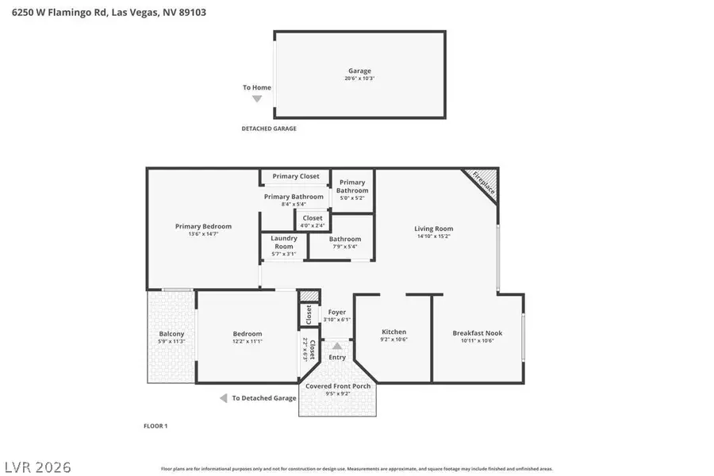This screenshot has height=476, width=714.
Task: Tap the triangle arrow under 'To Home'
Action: click(256, 99)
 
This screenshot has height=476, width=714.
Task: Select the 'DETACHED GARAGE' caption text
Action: click(269, 129)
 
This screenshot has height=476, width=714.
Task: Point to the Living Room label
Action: click(433, 228)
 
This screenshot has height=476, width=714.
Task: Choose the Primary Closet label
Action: click(295, 176)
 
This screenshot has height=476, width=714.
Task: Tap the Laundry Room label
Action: click(283, 242)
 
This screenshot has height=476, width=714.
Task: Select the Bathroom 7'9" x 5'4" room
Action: click(345, 243)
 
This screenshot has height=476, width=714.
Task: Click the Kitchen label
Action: click(393, 332)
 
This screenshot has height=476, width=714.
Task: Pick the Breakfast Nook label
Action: click(477, 333)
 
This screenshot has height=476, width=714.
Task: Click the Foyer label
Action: click(337, 313)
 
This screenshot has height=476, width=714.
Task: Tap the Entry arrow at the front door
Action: click(337, 346)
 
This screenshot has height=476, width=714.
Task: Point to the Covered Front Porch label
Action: click(338, 386)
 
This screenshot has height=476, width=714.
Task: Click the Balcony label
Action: click(171, 334)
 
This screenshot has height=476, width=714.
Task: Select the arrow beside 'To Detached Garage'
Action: click(224, 398)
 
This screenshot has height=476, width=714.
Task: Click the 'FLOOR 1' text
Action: click(155, 426)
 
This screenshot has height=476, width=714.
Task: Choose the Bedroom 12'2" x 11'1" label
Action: click(247, 334)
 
